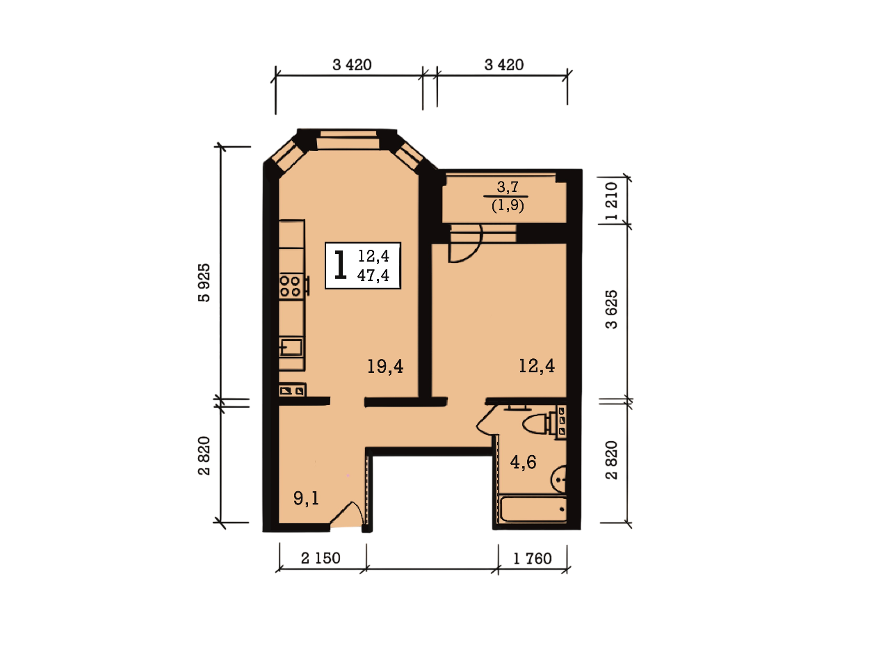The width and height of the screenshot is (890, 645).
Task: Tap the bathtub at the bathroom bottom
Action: pos(533,509)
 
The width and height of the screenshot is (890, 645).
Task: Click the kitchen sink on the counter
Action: pos(291,347)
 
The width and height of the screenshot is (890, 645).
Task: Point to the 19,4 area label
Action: pos(385,366)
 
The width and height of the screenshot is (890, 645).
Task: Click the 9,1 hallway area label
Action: pos(306,498)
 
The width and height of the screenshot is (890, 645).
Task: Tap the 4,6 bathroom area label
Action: pos(523,462)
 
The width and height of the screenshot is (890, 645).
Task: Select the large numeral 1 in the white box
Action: pos(340,265)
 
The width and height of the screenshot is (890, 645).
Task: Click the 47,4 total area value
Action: pos(373,275)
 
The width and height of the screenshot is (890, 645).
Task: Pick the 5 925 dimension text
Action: pos(204,282)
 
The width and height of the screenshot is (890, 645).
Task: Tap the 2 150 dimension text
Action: pos(321,558)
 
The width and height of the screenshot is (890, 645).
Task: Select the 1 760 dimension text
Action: pos(533,559)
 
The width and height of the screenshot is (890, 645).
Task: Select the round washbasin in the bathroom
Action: pos(559,479)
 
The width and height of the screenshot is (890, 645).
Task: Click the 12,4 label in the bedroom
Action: pos(536,365)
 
